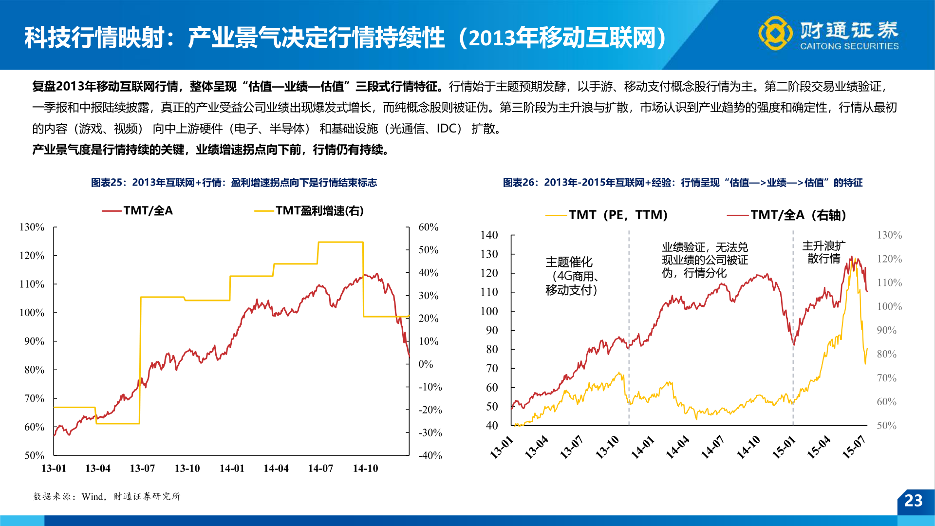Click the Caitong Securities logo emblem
coord(775,33)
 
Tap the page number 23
coord(913,501)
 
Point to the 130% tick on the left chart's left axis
coord(32,227)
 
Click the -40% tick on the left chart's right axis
coord(430,455)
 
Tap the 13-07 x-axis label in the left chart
coord(142,469)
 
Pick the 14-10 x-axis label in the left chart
coord(365,469)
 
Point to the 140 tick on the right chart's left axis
coord(489,235)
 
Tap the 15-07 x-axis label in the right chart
coord(854,447)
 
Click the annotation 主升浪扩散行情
coord(823,252)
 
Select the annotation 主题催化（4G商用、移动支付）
coord(571,276)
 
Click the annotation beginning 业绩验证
coord(704,260)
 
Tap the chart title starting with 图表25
coord(234,183)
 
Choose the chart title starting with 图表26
coord(682,183)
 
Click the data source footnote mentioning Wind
coord(107,496)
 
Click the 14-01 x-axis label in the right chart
coord(642,447)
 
